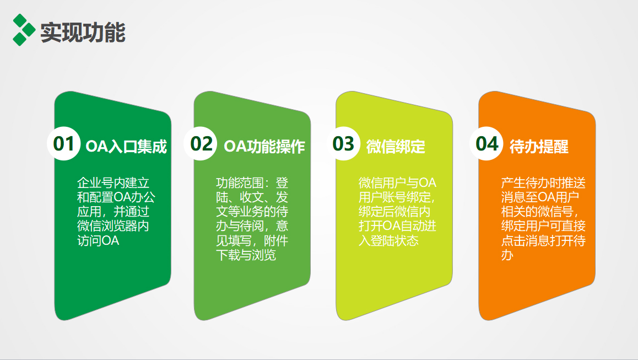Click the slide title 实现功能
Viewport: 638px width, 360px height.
(83, 32)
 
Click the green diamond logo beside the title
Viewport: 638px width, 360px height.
(24, 30)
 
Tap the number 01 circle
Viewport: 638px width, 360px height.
(63, 143)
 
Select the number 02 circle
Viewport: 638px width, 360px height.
(201, 143)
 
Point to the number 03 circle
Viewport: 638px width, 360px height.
(343, 143)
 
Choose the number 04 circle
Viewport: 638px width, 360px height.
(486, 143)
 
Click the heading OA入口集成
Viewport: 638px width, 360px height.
(126, 147)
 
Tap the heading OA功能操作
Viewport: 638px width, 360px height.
(264, 147)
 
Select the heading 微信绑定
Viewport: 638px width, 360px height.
(396, 147)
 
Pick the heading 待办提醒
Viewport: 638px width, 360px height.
(539, 147)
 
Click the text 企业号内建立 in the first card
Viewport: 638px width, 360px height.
(113, 183)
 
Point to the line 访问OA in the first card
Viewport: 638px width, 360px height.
(98, 241)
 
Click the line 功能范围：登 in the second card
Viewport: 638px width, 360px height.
(252, 183)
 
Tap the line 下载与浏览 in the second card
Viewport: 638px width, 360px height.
(246, 255)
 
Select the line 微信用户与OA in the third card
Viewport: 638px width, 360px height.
(397, 183)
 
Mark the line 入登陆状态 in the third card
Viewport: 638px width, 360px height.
(388, 241)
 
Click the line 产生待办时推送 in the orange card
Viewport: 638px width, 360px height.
(543, 183)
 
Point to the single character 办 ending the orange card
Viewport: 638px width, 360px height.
(507, 255)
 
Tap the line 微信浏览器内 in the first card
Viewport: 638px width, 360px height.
(113, 226)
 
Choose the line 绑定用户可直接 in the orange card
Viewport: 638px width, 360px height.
(543, 226)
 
